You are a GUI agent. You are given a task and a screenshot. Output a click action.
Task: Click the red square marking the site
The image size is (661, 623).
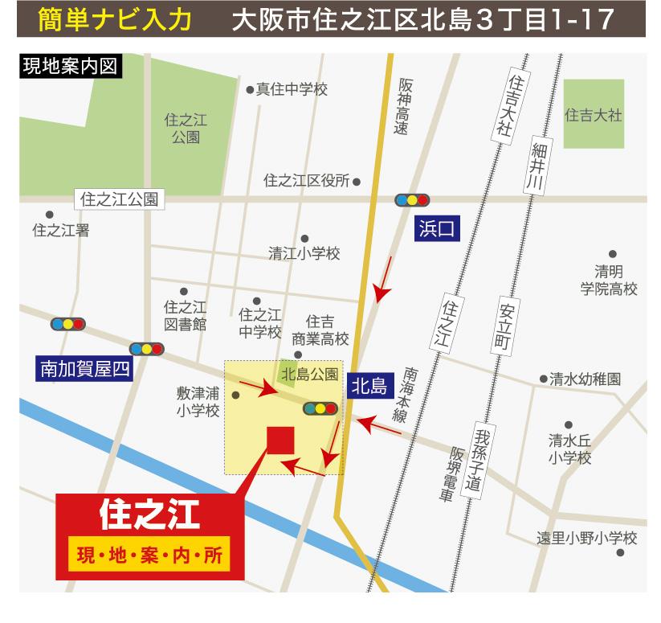[280, 441]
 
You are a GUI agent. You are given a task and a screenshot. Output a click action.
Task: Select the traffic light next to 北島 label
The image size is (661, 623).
[320, 408]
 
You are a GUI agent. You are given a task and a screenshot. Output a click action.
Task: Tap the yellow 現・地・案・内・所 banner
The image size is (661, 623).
[149, 555]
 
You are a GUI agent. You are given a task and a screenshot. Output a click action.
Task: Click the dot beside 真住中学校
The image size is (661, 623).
[250, 90]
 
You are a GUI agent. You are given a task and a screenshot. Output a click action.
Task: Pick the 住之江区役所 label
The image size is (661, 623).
[306, 181]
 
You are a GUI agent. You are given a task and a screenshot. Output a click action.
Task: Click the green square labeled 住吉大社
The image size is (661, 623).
[594, 113]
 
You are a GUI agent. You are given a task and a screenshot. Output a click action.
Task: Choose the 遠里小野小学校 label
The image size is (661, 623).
[586, 538]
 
